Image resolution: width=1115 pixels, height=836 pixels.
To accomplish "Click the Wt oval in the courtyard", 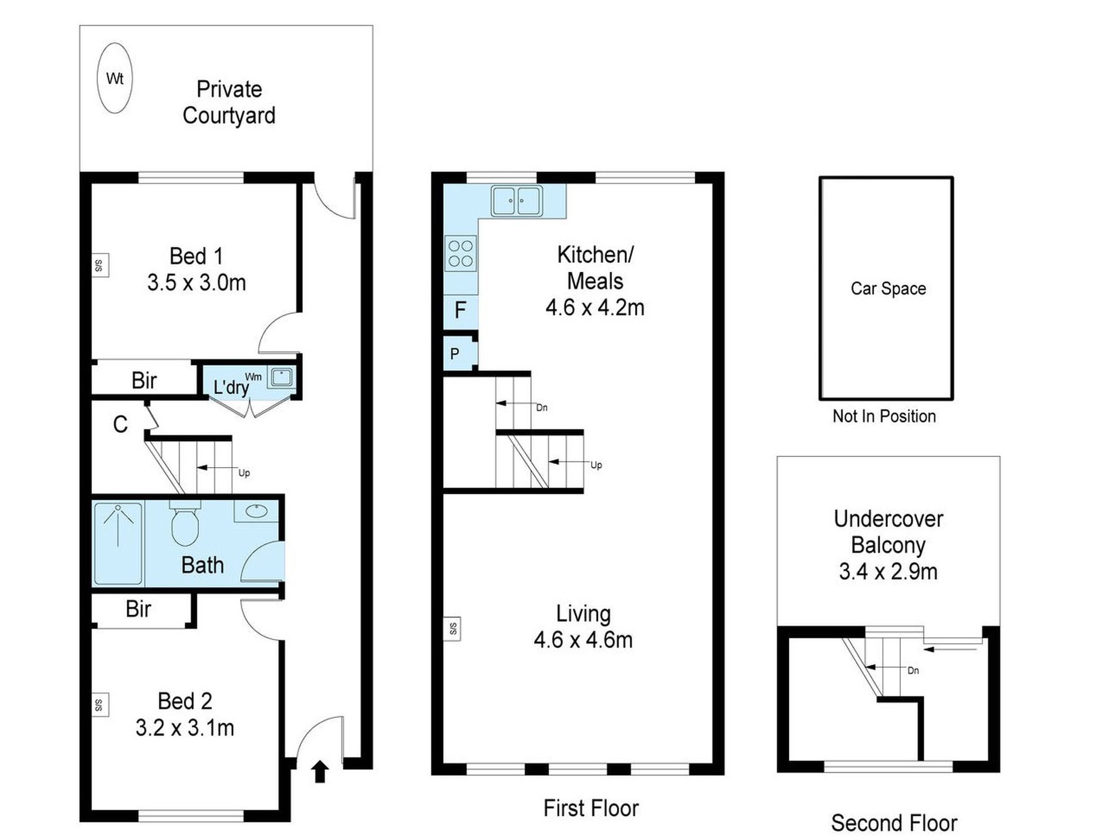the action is tap(114, 78).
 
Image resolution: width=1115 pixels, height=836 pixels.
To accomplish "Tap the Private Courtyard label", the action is tap(229, 102).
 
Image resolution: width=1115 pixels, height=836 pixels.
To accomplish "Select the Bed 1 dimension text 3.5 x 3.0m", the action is tap(197, 283).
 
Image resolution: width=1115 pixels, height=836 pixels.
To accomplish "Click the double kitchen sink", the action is tap(516, 201).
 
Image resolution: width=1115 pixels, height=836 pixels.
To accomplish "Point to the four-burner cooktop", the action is tap(461, 253).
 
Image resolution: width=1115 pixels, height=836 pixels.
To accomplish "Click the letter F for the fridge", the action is tap(461, 310).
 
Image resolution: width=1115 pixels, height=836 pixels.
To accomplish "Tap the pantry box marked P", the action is tap(459, 353).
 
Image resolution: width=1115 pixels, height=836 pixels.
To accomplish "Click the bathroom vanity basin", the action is tap(256, 511).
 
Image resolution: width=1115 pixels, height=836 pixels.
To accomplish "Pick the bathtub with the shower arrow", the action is tap(118, 543).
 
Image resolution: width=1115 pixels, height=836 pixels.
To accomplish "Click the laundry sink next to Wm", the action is tap(282, 377).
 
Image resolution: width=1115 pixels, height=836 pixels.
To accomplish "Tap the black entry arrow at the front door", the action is tap(320, 771).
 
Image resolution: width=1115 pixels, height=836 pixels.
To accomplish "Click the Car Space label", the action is tap(888, 288).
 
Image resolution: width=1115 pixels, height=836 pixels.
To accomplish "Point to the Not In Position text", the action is tap(884, 416).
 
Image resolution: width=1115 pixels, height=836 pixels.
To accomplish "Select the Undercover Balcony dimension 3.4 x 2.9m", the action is tap(888, 571).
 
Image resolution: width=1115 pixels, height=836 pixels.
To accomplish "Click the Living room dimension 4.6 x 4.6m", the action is tap(583, 639).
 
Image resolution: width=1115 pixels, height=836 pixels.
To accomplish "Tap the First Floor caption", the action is tap(591, 808).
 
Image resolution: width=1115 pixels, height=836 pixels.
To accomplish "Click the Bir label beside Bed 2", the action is tap(138, 609).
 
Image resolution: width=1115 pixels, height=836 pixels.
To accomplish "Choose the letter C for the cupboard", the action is tap(120, 424).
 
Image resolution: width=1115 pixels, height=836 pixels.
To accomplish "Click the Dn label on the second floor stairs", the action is tap(913, 671).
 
